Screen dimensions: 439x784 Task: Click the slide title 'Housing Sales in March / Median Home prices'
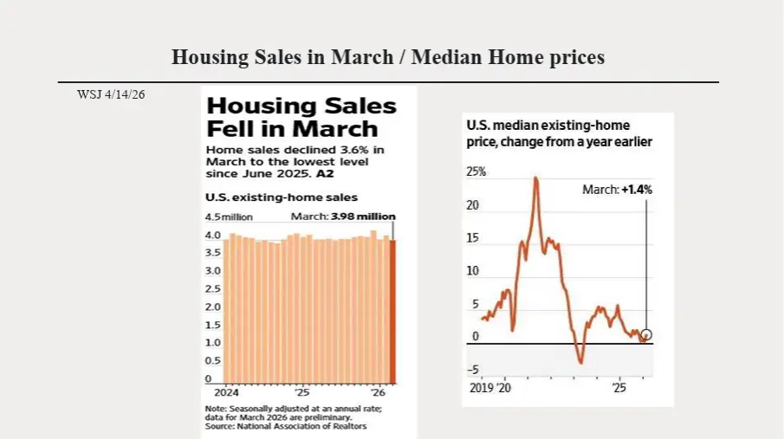[387, 57]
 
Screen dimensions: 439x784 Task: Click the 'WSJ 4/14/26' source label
[111, 94]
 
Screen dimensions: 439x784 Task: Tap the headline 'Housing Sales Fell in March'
[301, 118]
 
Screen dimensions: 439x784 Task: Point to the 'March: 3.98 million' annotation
[342, 216]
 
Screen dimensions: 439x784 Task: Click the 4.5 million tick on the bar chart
[230, 216]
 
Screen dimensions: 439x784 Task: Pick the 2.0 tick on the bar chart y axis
[212, 307]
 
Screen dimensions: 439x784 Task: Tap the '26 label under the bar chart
[379, 391]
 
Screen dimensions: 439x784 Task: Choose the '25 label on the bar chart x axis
[301, 391]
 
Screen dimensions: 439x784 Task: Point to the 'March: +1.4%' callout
[618, 189]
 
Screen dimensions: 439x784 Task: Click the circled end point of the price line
[646, 334]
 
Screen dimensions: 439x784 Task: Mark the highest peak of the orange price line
[536, 178]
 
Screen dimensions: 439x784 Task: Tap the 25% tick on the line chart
[476, 172]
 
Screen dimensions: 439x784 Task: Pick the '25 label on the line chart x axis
[619, 388]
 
